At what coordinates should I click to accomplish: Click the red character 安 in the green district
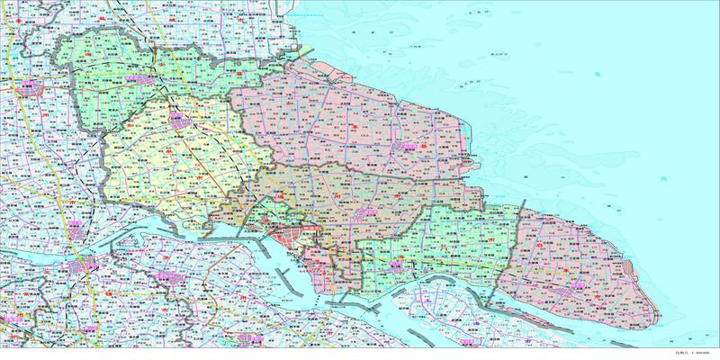(158, 65)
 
